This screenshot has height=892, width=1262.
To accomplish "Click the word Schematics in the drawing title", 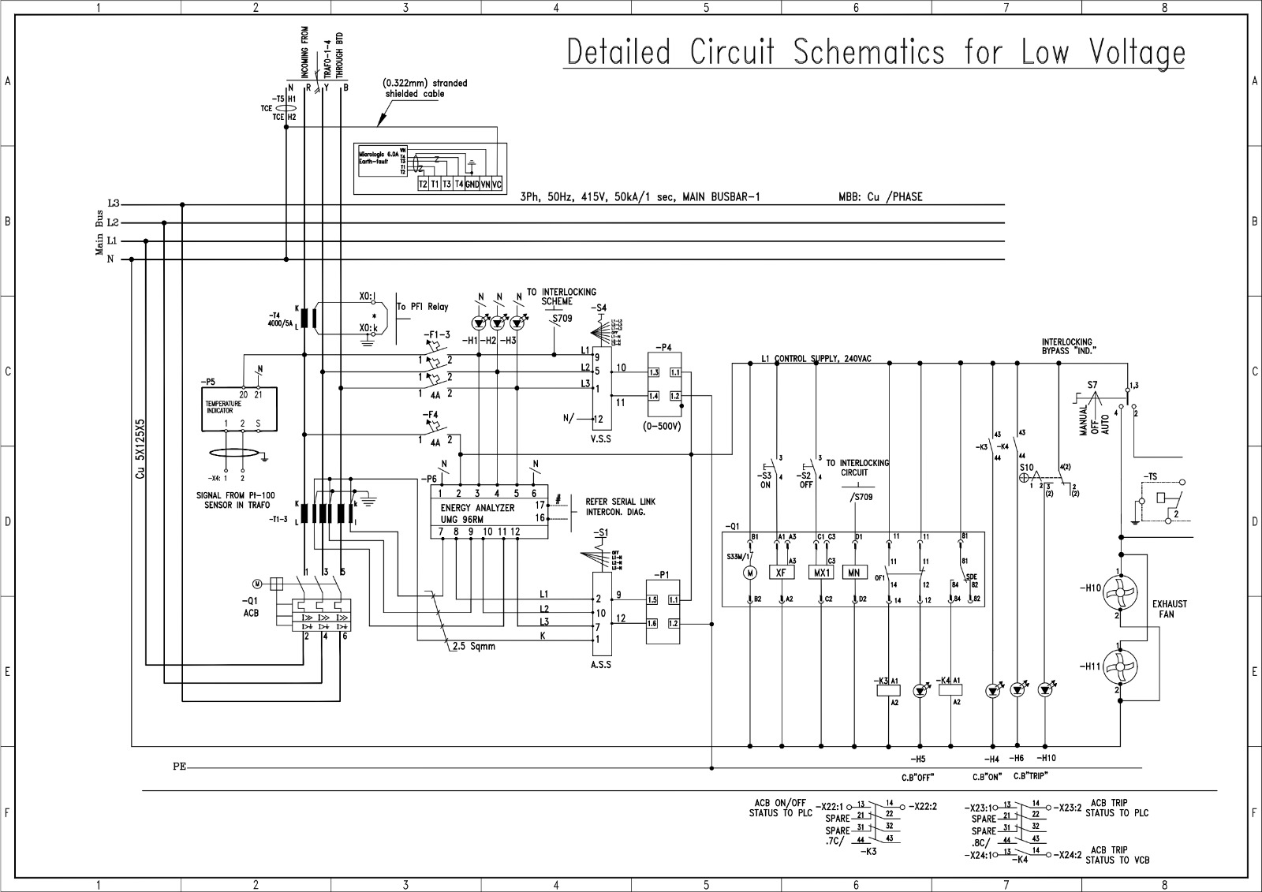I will click(868, 52).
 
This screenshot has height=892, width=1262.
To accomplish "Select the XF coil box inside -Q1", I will click(781, 573).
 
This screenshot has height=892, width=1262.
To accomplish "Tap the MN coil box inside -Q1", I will click(854, 573).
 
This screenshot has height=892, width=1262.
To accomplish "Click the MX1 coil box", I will click(821, 573).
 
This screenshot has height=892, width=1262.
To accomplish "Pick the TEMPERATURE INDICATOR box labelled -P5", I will click(241, 409).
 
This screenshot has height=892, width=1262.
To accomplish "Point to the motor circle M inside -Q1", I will click(751, 573).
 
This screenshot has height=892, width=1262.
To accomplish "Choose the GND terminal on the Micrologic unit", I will click(472, 184).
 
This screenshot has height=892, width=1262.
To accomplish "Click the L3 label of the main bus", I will click(113, 204).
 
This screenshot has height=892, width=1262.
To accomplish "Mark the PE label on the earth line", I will click(180, 767).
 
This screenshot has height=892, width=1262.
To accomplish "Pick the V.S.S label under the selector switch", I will click(601, 439).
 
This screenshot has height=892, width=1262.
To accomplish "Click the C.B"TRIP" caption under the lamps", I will click(1029, 777).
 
